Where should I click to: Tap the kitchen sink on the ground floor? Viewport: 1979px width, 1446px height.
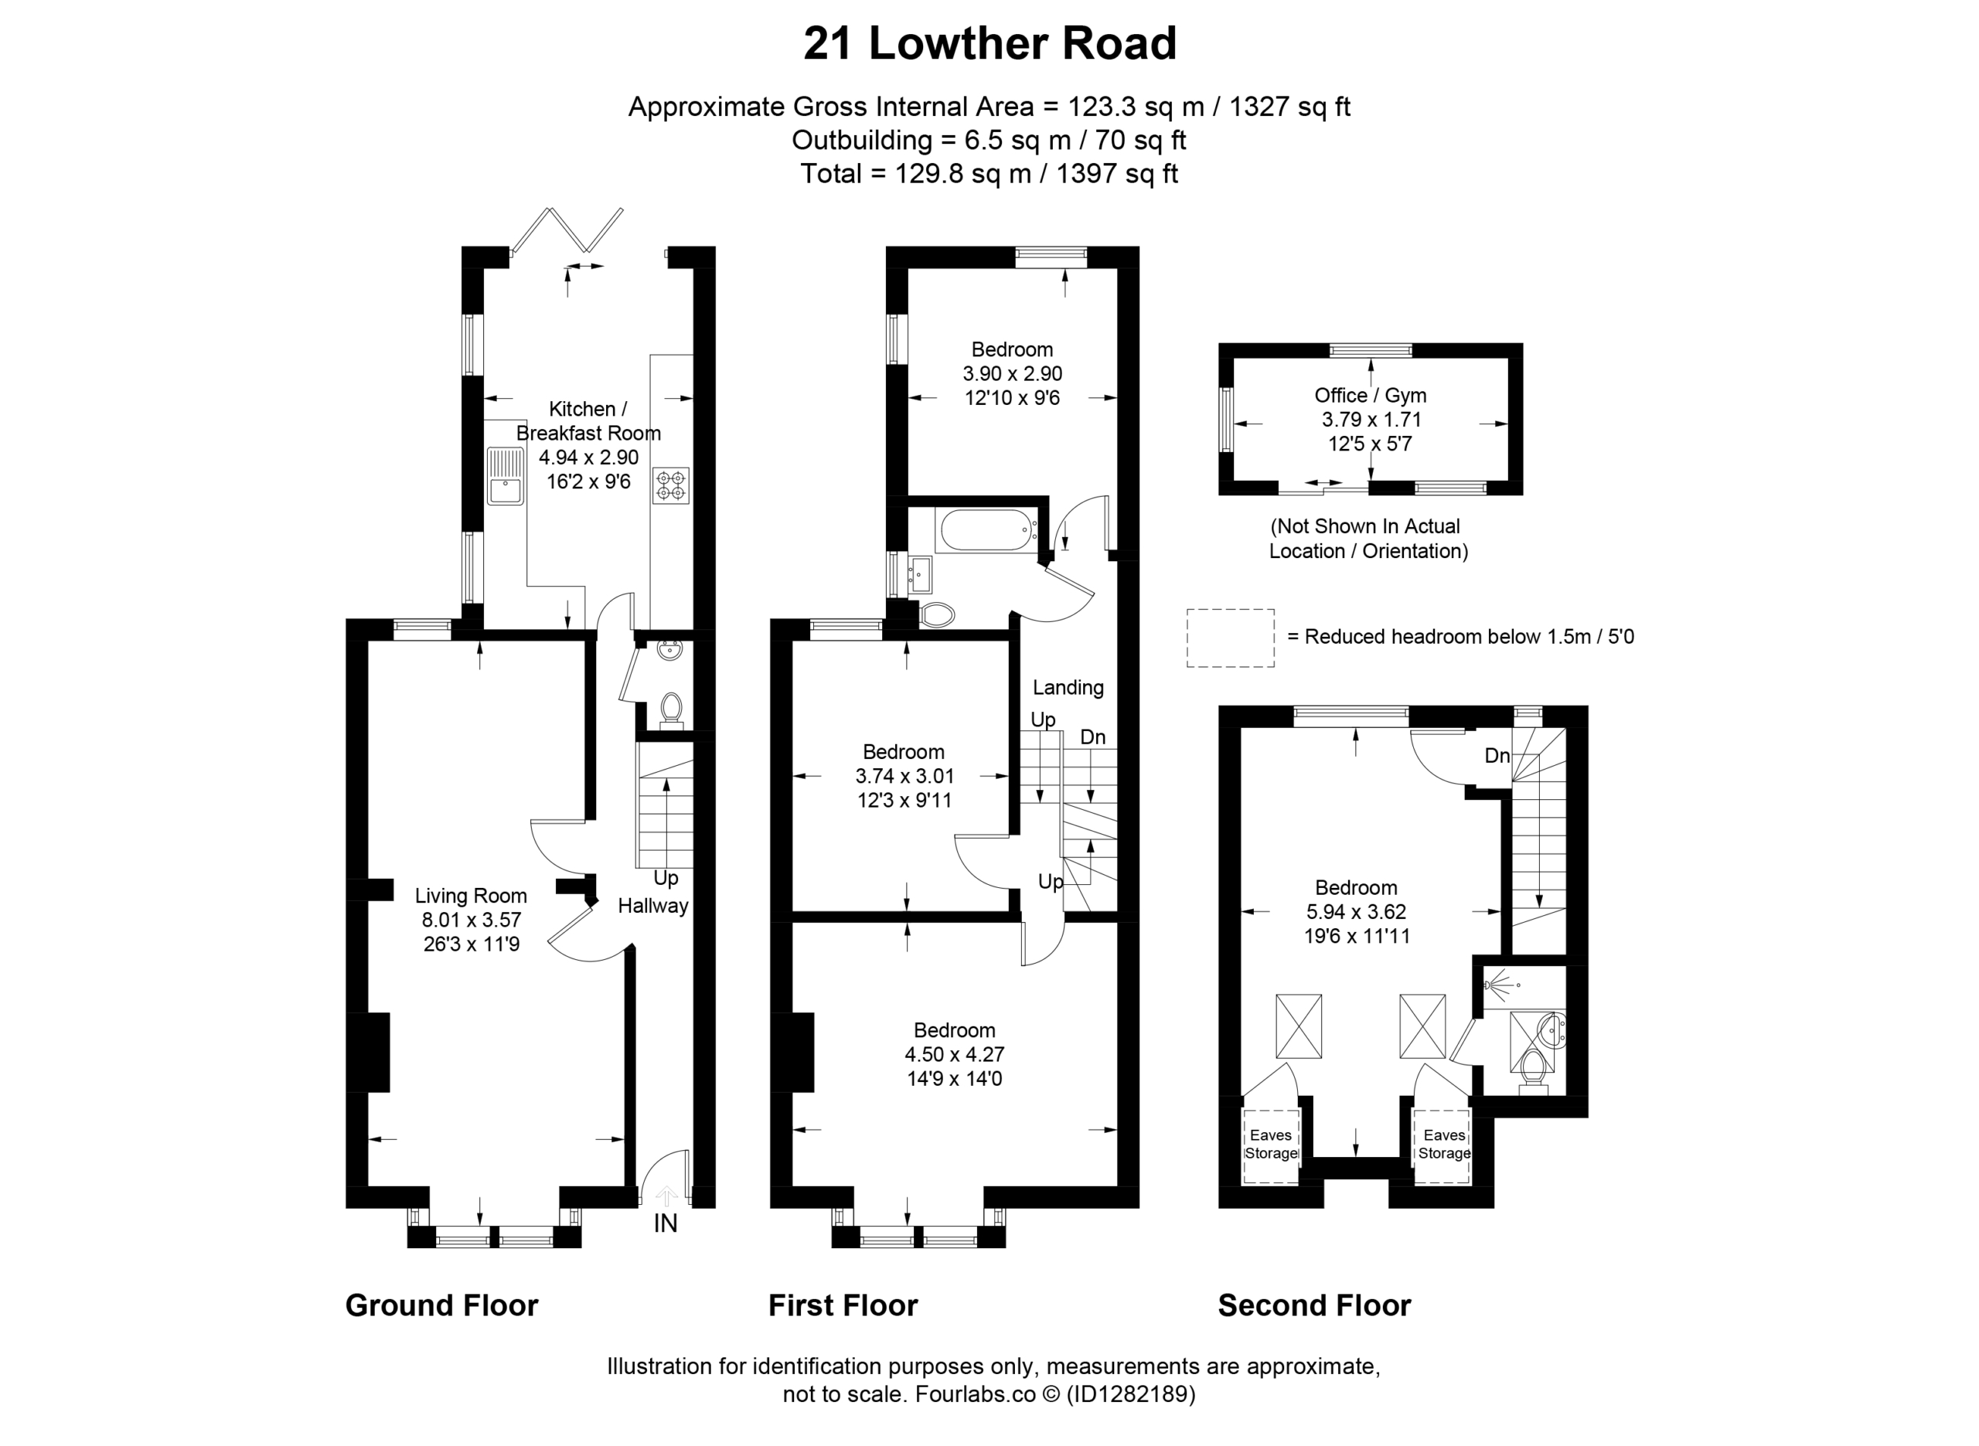(505, 476)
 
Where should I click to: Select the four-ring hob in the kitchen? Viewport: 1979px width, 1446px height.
(671, 486)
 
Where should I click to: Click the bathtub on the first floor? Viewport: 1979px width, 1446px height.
(986, 530)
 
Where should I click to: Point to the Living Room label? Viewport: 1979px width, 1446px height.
(471, 896)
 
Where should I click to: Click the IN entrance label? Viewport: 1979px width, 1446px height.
(666, 1223)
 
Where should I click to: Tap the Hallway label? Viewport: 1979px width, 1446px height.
(653, 906)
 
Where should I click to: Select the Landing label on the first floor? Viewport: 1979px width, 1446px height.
(1068, 688)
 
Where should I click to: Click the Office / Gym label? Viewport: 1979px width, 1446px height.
(1371, 395)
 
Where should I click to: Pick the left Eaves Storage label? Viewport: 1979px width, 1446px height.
(1271, 1144)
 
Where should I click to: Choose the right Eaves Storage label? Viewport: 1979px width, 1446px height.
(1444, 1144)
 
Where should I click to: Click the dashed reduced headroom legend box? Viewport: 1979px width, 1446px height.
(1231, 638)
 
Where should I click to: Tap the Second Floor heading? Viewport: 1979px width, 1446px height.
(1315, 1305)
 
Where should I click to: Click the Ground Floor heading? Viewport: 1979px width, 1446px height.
(442, 1305)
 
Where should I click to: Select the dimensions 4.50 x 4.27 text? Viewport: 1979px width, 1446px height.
(954, 1054)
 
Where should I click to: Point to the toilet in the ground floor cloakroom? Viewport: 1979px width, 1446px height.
(671, 712)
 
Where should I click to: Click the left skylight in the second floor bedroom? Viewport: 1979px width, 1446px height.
(1299, 1026)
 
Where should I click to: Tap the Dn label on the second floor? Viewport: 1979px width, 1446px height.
(1497, 755)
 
